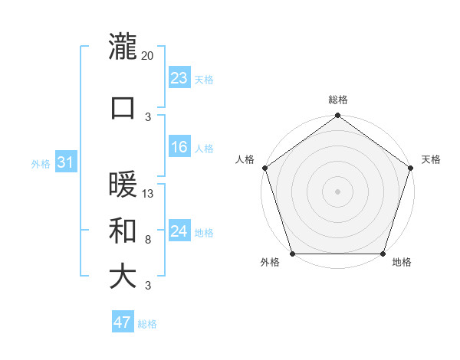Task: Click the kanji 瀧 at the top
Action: [x=123, y=46]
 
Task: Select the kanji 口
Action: [x=123, y=107]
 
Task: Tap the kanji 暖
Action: [x=123, y=185]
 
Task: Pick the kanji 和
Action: [x=123, y=231]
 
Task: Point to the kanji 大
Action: [x=123, y=277]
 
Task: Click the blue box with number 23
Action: [x=179, y=77]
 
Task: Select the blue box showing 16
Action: [x=179, y=148]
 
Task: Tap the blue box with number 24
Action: [x=179, y=231]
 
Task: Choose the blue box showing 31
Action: [x=65, y=162]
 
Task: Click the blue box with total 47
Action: [x=123, y=322]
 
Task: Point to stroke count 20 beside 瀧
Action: [x=148, y=55]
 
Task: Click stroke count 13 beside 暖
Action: [x=148, y=193]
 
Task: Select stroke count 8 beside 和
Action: [x=148, y=239]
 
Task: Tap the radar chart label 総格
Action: [x=337, y=100]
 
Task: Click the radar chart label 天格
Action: [x=431, y=159]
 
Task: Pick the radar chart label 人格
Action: [x=245, y=159]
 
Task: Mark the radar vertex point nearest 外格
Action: [x=291, y=254]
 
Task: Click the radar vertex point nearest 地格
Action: [x=383, y=254]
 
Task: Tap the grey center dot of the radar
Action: [x=337, y=191]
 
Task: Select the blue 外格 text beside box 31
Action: [x=41, y=163]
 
